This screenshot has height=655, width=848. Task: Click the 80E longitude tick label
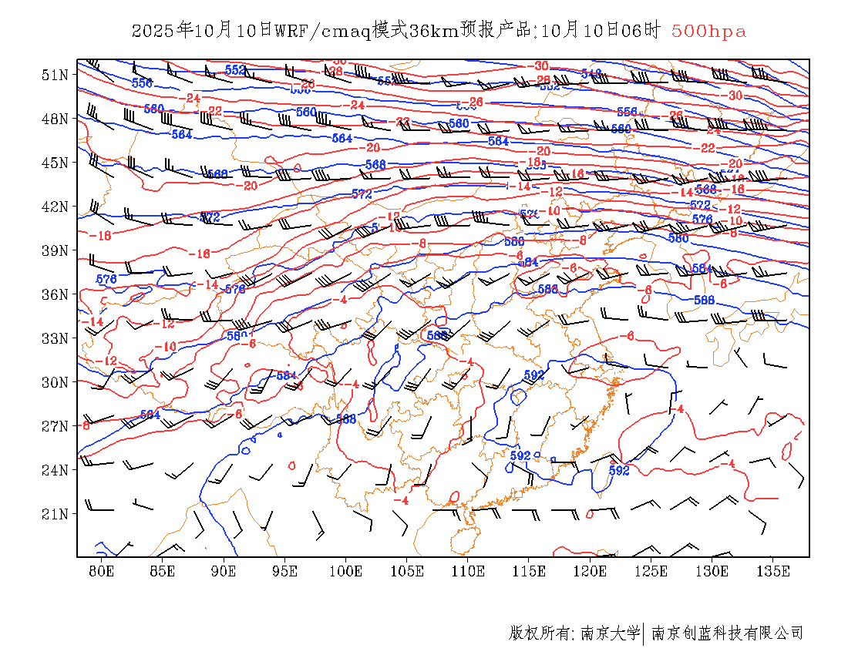click(x=102, y=571)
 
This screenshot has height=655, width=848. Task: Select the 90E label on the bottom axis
click(x=224, y=571)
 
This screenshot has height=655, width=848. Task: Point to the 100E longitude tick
click(x=346, y=571)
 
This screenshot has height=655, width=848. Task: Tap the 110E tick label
click(x=468, y=571)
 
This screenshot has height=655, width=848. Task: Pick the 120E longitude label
click(x=591, y=571)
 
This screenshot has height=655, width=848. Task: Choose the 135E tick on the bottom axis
click(x=773, y=571)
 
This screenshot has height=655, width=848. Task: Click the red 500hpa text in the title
click(x=708, y=32)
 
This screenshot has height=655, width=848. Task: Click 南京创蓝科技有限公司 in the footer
click(x=728, y=633)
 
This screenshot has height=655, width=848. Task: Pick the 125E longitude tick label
click(x=651, y=571)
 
